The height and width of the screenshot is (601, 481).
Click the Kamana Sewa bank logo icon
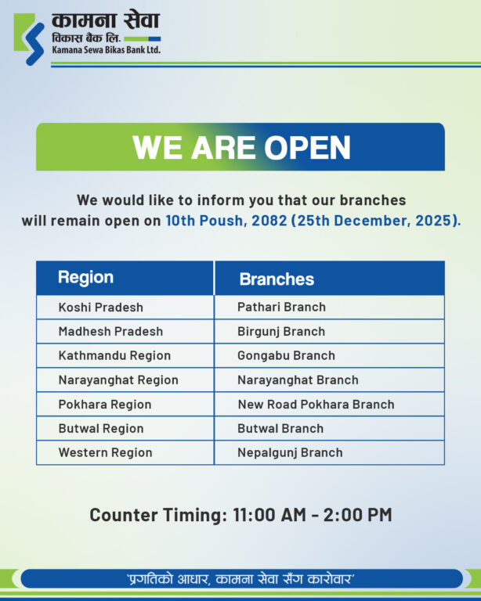pos(29,39)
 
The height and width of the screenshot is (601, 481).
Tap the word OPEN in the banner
pos(307,147)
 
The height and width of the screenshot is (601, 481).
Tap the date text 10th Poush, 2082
pos(226,221)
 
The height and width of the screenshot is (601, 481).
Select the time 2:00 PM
pos(357,515)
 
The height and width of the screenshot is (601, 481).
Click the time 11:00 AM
pos(269,515)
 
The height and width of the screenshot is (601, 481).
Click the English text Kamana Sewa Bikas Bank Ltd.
pos(107,50)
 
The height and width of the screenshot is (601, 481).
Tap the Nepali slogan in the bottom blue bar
pos(240,579)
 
